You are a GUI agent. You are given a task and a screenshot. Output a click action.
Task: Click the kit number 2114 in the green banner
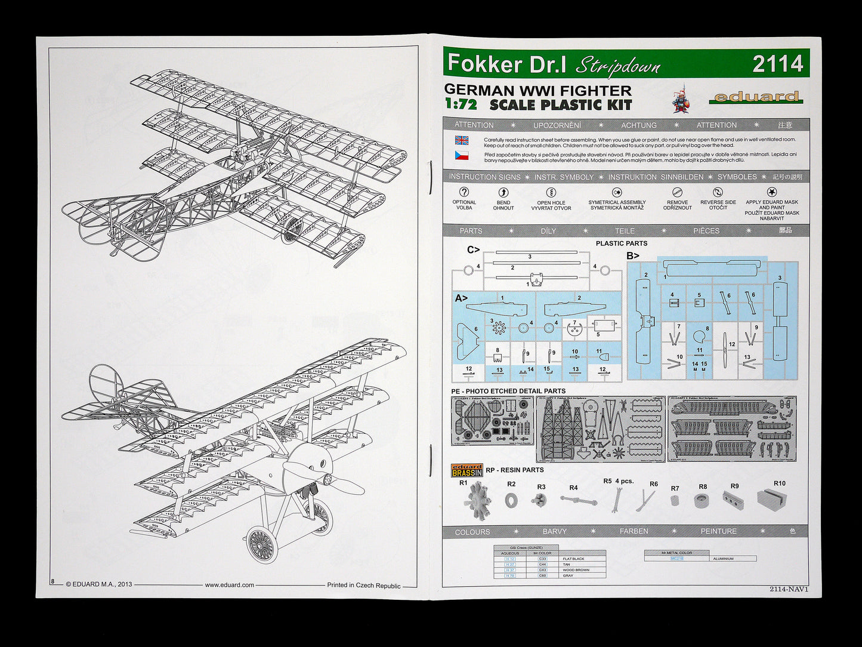point(777,64)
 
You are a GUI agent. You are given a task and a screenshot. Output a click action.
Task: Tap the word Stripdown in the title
point(617,65)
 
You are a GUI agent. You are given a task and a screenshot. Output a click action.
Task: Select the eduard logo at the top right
point(756,97)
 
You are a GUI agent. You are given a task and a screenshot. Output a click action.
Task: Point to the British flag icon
point(462,141)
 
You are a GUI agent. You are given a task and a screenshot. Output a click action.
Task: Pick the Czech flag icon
point(462,156)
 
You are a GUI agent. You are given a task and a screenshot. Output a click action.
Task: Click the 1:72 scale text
point(461,104)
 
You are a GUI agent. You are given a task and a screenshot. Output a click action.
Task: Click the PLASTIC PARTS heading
point(621,244)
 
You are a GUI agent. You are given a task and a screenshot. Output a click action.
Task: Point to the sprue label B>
point(632,256)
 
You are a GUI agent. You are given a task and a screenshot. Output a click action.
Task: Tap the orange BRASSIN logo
point(466,470)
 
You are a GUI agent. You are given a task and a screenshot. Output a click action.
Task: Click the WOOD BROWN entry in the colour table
point(576,570)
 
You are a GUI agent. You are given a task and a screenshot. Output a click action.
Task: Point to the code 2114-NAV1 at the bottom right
point(788,589)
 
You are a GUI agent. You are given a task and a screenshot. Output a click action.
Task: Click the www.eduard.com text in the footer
point(229,585)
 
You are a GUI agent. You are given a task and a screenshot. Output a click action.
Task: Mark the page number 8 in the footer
point(52,581)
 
